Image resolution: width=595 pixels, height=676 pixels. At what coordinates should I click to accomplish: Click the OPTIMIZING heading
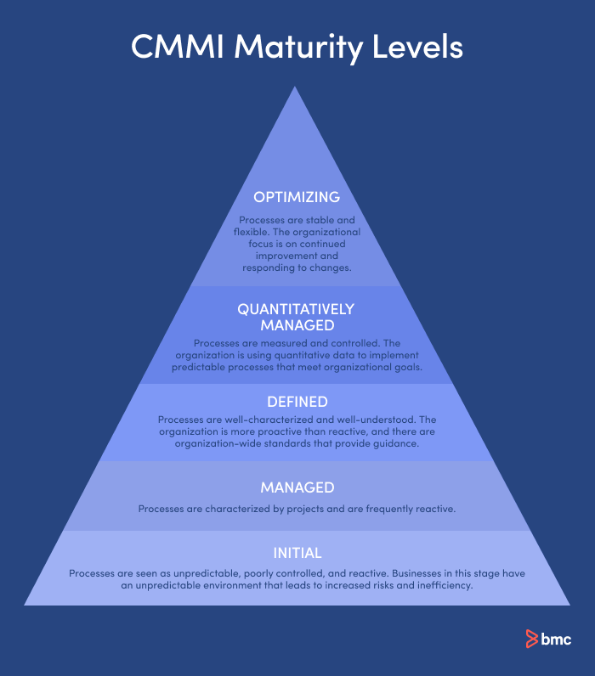297,197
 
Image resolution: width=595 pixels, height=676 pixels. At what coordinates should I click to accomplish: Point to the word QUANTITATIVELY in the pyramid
297,309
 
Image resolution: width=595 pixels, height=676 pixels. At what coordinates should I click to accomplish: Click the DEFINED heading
297,402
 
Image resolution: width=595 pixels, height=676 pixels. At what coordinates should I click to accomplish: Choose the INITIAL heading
297,554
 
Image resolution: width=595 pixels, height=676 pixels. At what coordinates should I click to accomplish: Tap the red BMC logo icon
532,639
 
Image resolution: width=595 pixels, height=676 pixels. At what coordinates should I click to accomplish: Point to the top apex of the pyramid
297,88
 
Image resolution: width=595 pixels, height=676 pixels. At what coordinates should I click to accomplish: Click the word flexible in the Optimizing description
252,232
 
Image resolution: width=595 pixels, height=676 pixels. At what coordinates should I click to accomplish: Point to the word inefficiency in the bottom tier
441,585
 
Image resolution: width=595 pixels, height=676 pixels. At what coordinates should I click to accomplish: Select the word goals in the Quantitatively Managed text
405,367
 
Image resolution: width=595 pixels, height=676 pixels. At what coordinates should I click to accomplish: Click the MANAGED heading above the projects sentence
297,487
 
